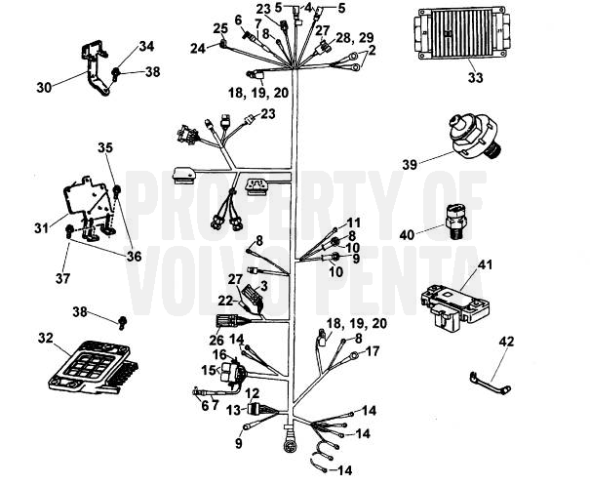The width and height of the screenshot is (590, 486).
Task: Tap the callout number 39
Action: click(x=413, y=164)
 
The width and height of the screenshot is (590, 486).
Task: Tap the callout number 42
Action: click(x=505, y=344)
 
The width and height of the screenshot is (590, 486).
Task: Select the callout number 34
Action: click(x=146, y=46)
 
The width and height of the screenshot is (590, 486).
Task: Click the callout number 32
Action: click(x=45, y=339)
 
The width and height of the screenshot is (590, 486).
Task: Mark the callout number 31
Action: click(x=41, y=229)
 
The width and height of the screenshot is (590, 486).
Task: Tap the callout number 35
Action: click(x=106, y=147)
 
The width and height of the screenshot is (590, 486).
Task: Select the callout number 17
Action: click(x=372, y=347)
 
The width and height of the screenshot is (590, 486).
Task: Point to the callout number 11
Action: click(x=353, y=223)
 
